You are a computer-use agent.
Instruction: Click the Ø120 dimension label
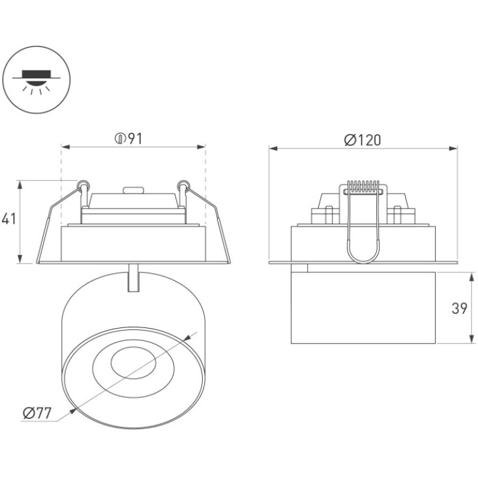363,140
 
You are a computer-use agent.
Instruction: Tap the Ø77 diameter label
37,413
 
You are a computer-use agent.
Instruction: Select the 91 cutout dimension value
135,139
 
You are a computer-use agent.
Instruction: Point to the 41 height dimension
9,219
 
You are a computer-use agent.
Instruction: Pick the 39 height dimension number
459,308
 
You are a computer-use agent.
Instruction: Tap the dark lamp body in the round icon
37,74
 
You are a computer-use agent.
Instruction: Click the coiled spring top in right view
363,187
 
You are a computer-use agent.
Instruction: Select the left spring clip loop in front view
83,185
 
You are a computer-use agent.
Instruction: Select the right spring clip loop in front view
183,185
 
